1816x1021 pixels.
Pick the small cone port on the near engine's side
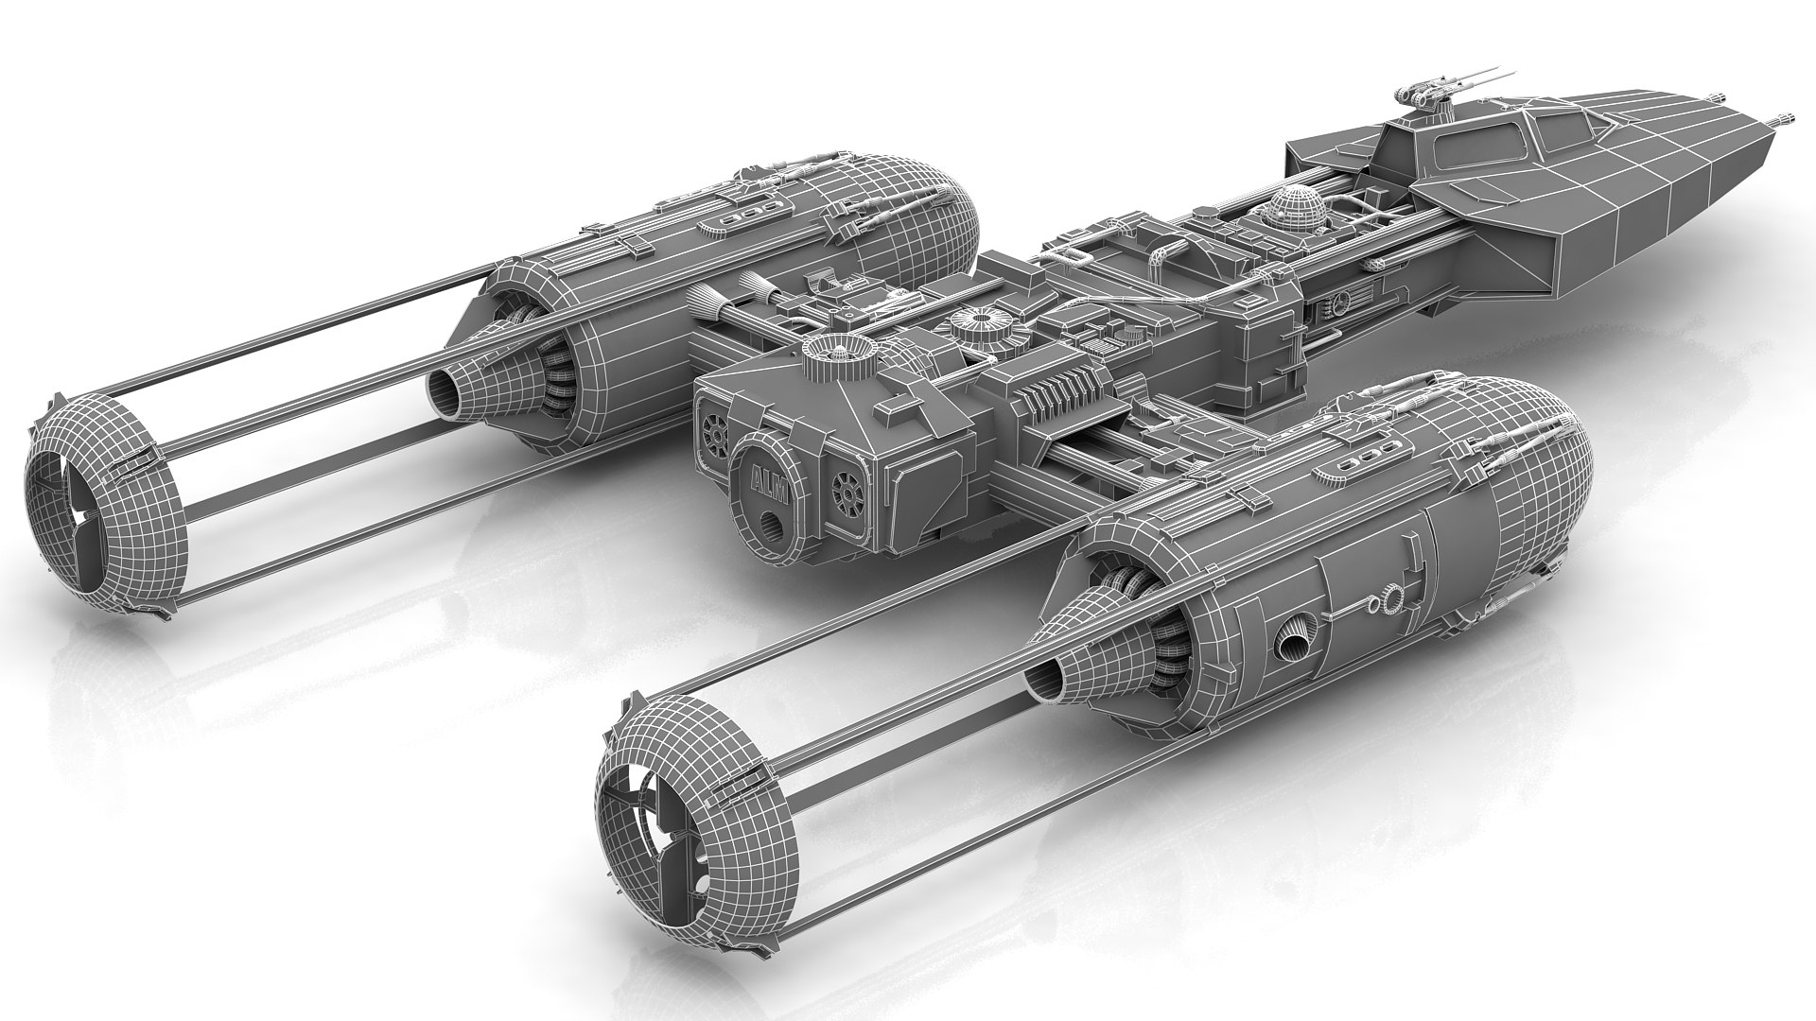pos(1290,644)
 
